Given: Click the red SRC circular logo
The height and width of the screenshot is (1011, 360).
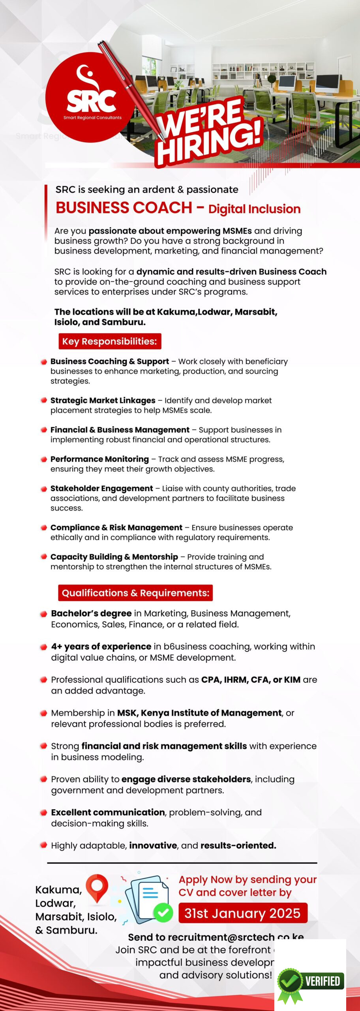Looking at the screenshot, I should coord(90,97).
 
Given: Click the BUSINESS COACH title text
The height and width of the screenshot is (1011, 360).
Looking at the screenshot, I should coord(124,208).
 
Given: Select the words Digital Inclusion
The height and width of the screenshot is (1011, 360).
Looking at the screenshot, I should coord(254,209).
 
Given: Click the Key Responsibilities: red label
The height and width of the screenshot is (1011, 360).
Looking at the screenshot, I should coord(109,341).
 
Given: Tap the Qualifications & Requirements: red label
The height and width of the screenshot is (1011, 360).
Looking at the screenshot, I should coord(135,593).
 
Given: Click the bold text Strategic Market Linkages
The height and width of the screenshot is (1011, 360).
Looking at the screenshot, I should coord(103,400).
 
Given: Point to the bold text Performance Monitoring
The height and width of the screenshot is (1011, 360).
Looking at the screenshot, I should coord(99,459).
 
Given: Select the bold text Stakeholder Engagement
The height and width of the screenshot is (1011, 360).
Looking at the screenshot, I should coord(101,489).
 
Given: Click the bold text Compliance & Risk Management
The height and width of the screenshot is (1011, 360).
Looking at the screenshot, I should coord(116,528).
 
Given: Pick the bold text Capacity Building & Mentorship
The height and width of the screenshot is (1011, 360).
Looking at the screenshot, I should coord(114,557).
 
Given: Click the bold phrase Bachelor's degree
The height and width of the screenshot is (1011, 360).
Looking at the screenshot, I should coord(91,613).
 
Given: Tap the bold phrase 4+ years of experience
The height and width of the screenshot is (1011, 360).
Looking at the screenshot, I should coord(101,646).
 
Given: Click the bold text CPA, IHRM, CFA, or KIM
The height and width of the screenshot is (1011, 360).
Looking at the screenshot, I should coord(251,680).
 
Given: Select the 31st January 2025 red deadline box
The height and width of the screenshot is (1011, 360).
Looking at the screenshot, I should coord(242,913).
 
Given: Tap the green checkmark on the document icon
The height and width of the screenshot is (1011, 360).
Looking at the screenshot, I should coord(163,913).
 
